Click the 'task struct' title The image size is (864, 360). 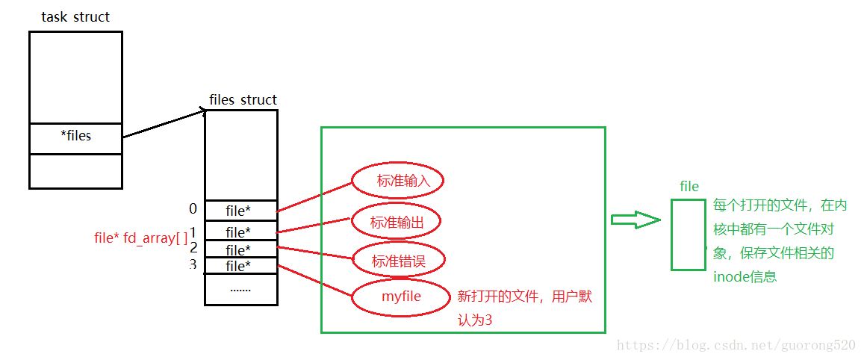[75, 16]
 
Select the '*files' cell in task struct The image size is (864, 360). [75, 137]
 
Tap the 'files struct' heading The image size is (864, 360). [243, 100]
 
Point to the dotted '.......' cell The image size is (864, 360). [240, 288]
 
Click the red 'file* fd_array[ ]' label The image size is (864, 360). [141, 238]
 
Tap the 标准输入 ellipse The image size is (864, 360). [398, 180]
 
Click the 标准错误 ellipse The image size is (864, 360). [398, 260]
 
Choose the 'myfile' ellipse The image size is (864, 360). [401, 297]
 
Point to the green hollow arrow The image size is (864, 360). [635, 220]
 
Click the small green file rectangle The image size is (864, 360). [688, 234]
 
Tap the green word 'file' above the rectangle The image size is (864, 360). [689, 186]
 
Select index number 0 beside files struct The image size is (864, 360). [193, 209]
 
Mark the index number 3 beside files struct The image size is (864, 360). [193, 264]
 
